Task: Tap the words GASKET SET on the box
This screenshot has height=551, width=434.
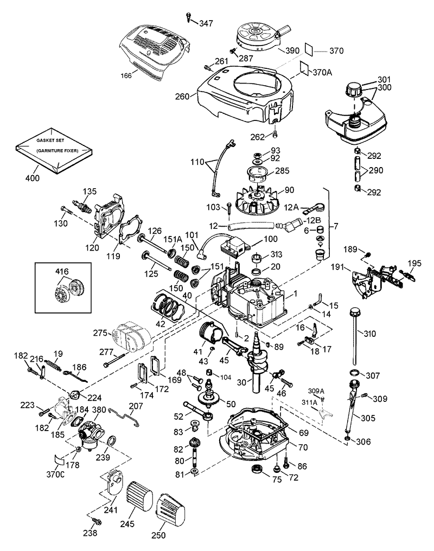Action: (47, 139)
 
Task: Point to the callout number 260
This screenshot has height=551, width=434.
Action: (183, 97)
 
